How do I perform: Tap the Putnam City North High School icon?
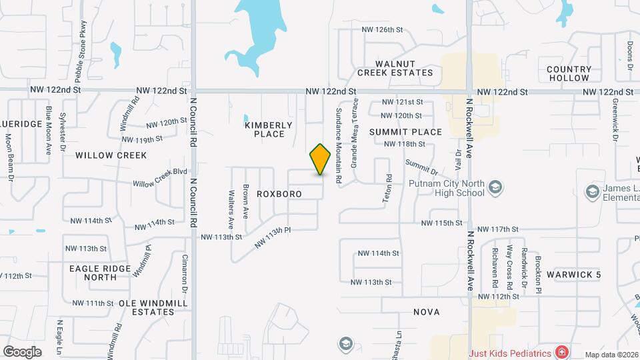[x=495, y=186]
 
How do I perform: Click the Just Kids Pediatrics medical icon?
[x=562, y=351]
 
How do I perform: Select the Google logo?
[x=22, y=351]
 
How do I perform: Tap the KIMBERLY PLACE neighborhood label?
[x=269, y=129]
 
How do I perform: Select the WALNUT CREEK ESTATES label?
[x=395, y=68]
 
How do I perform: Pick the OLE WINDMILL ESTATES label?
[x=153, y=307]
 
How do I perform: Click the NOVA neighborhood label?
[x=427, y=311]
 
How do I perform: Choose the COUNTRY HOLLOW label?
[x=569, y=73]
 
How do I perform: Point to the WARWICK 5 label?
[x=574, y=275]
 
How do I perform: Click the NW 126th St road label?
[x=383, y=30]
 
